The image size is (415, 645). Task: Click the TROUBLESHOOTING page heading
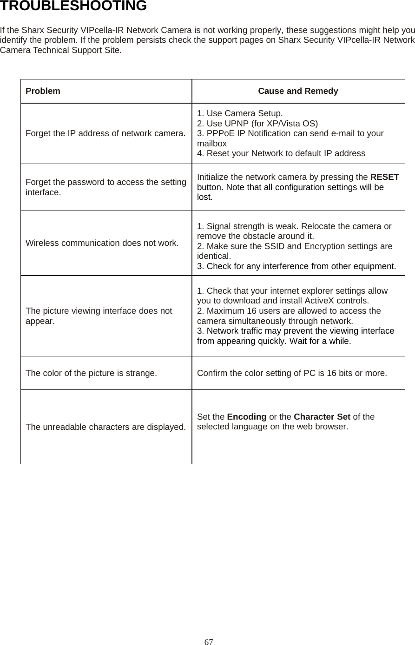tap(73, 7)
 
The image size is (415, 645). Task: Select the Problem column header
tap(43, 91)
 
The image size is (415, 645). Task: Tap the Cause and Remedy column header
tap(298, 91)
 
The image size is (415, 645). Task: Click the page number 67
tap(209, 642)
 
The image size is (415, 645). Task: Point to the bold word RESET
tap(384, 177)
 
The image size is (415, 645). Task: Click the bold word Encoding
tap(246, 416)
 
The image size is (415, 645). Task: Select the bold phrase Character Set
tap(322, 416)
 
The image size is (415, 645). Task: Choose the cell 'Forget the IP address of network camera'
tap(105, 134)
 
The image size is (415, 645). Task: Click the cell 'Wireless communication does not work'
tap(102, 243)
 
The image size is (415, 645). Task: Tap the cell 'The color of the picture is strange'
tap(91, 373)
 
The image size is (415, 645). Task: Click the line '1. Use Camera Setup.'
tap(239, 113)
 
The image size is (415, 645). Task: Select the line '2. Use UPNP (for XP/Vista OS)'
tap(257, 124)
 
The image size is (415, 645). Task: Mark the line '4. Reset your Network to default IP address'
tap(281, 153)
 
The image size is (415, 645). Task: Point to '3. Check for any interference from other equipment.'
tap(296, 266)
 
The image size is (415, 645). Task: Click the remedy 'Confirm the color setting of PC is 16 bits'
tap(291, 373)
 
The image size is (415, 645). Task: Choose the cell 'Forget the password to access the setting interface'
tap(106, 187)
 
